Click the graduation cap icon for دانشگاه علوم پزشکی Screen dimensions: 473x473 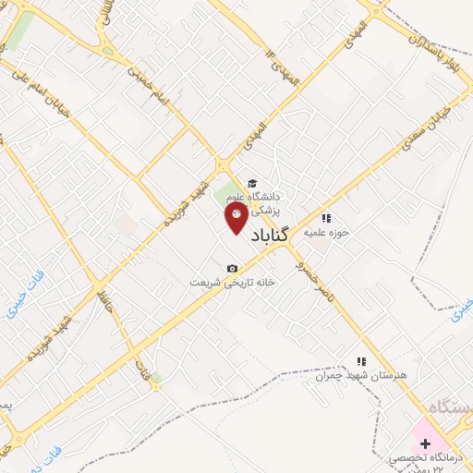pyautogui.click(x=252, y=182)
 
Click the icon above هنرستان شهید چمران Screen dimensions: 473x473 pyautogui.click(x=362, y=361)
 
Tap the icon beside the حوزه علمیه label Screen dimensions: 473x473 pyautogui.click(x=325, y=219)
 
